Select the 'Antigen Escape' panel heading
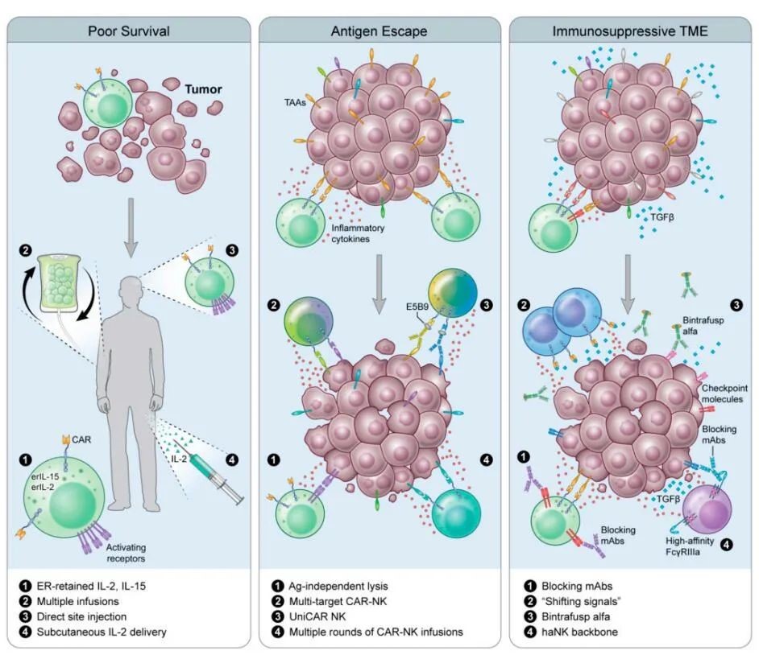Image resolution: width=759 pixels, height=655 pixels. pos(379,32)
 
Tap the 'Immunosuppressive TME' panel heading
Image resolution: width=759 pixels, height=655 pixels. pos(629,32)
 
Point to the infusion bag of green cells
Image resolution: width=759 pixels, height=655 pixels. pos(65,281)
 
